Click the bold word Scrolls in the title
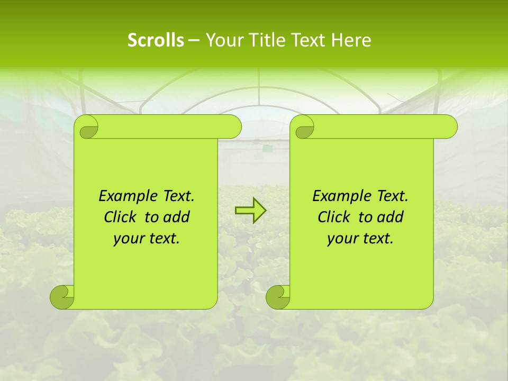coord(156,40)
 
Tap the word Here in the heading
coord(351,40)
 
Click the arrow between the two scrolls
coord(250,211)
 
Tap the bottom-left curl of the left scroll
coord(62,297)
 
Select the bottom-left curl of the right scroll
coord(278,297)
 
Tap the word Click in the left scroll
coord(121,217)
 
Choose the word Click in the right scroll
coord(334,217)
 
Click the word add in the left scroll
coord(177,217)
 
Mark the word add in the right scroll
coord(391,217)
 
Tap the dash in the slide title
coord(194,40)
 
